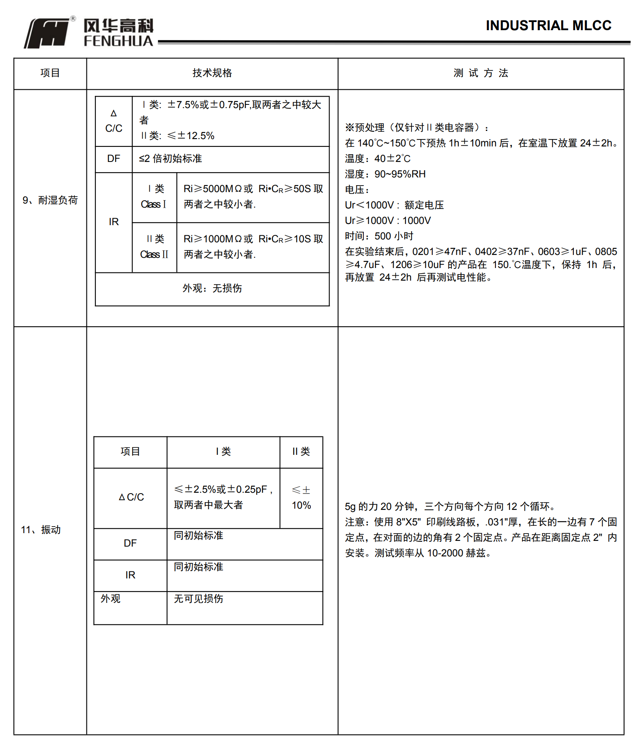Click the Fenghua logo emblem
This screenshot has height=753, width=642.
47,33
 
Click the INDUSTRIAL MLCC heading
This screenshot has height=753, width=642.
548,25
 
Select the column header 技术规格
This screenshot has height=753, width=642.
212,73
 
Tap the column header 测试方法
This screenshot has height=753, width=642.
480,73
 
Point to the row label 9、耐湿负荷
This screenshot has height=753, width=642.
50,200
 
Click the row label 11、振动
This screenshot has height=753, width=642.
41,529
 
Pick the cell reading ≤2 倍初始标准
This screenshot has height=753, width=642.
170,159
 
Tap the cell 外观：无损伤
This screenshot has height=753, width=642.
212,288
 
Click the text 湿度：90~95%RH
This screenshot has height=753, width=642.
385,174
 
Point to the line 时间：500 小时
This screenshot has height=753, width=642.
379,236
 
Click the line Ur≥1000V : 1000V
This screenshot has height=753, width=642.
387,221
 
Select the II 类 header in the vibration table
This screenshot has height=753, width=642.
301,452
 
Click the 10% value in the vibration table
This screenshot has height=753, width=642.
301,505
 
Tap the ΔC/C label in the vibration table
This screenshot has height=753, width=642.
131,497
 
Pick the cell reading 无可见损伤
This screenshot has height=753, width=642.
198,598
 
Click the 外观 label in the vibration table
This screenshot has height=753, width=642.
111,598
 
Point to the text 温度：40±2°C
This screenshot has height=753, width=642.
378,159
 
